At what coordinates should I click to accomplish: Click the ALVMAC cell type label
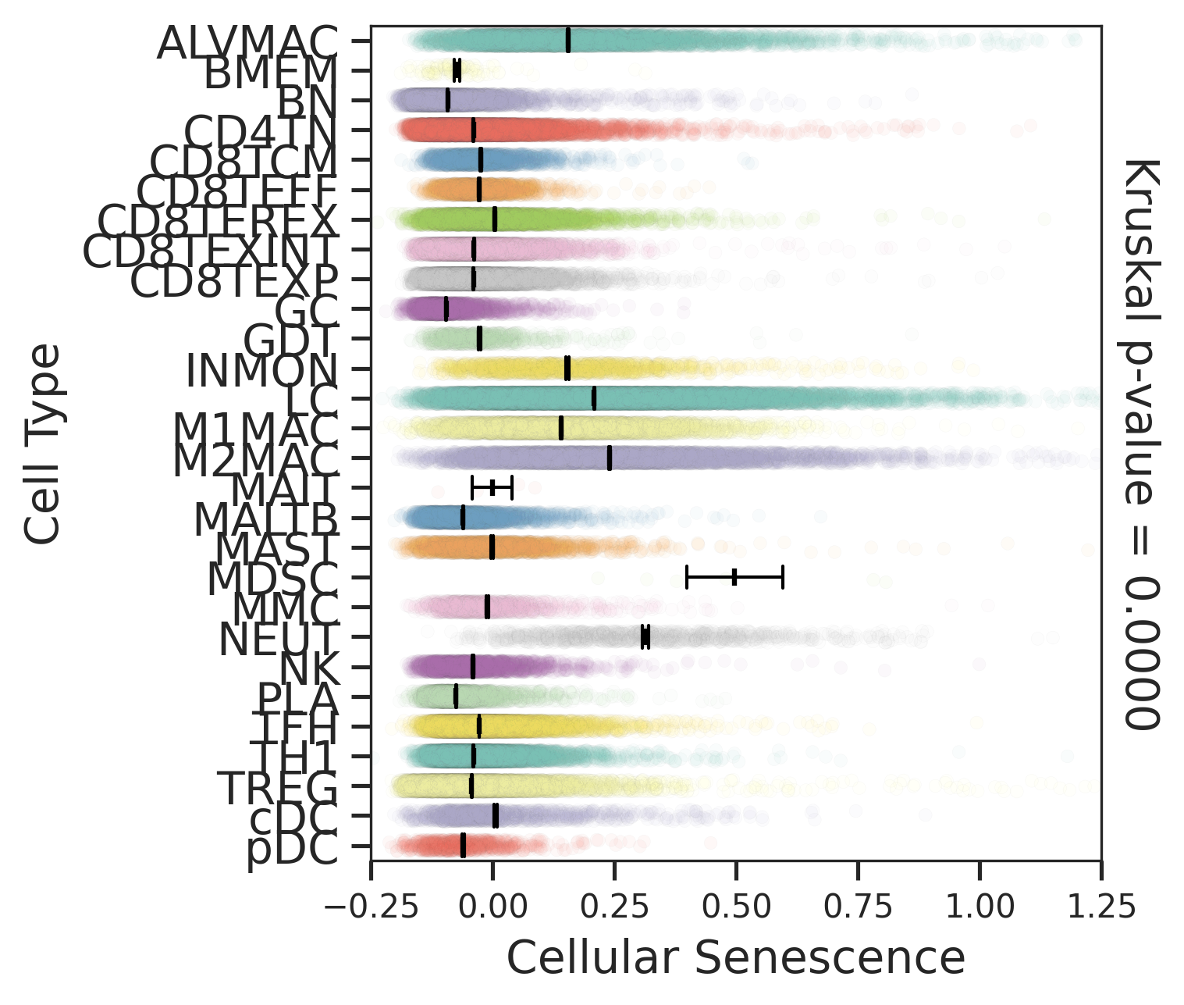247,43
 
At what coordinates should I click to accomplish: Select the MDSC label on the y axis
272,579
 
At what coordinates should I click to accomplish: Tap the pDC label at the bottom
292,851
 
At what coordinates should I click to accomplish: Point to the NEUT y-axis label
279,640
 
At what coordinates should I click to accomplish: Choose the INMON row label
261,371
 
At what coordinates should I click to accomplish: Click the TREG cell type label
277,788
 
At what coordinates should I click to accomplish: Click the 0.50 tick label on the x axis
735,907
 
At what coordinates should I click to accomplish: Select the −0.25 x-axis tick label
370,907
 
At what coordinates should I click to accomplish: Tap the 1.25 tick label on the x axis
1100,907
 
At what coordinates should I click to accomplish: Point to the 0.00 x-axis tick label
492,907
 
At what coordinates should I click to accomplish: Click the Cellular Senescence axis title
736,957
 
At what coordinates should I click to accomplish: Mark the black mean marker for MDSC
734,578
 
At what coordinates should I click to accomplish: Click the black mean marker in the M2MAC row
609,458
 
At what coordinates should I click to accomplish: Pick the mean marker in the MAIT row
492,488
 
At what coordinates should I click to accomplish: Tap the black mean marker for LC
594,398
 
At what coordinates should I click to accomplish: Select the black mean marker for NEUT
645,637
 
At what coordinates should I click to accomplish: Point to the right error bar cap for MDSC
782,578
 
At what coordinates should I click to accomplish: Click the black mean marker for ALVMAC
567,40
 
